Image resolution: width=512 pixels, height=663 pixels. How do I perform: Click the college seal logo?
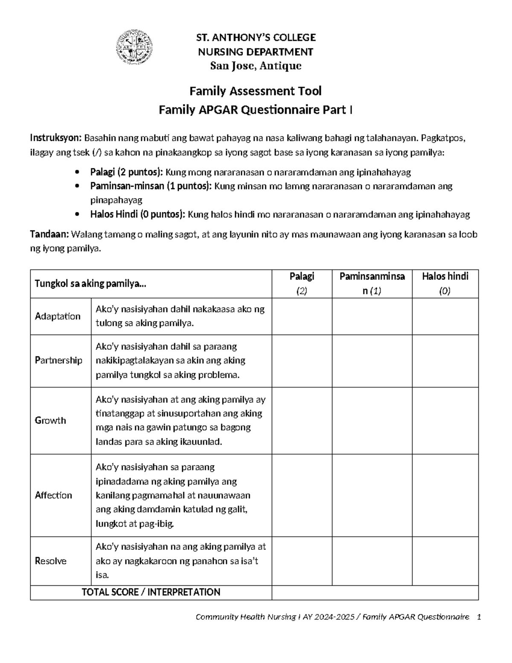pyautogui.click(x=135, y=48)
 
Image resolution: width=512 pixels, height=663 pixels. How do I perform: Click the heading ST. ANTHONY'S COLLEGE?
pyautogui.click(x=256, y=38)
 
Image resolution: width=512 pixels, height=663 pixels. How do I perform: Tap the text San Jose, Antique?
pyautogui.click(x=256, y=66)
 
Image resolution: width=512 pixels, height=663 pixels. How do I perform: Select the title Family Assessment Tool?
pyautogui.click(x=256, y=91)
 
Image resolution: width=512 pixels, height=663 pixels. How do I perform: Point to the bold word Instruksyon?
pyautogui.click(x=55, y=138)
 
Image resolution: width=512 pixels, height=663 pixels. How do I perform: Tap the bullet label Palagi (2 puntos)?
pyautogui.click(x=126, y=172)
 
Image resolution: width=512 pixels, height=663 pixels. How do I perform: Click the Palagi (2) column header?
pyautogui.click(x=302, y=283)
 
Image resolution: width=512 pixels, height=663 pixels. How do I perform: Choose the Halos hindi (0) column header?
pyautogui.click(x=445, y=283)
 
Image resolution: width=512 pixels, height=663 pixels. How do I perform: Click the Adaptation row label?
pyautogui.click(x=58, y=316)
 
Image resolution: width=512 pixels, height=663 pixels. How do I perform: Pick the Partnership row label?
pyautogui.click(x=58, y=361)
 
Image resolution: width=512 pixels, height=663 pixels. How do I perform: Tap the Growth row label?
pyautogui.click(x=50, y=421)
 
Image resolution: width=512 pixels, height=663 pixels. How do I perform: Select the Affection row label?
pyautogui.click(x=53, y=495)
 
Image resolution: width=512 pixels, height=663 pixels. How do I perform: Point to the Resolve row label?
pyautogui.click(x=50, y=561)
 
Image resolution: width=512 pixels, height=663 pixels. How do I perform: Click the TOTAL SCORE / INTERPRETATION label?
pyautogui.click(x=151, y=592)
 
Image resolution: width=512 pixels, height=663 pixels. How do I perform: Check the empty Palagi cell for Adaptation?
pyautogui.click(x=302, y=316)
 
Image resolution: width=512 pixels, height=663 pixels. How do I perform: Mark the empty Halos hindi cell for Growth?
pyautogui.click(x=445, y=421)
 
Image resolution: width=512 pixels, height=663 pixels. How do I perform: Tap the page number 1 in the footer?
pyautogui.click(x=479, y=617)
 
